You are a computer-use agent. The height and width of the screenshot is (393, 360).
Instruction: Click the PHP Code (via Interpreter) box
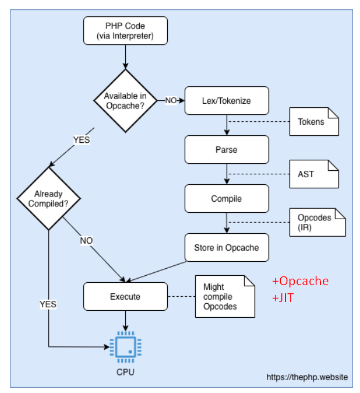[x=125, y=31]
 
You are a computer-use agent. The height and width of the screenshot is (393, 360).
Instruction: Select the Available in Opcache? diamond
[x=125, y=100]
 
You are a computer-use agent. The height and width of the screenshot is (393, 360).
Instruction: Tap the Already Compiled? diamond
[x=48, y=198]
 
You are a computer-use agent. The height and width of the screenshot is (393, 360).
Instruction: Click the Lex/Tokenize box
[x=227, y=101]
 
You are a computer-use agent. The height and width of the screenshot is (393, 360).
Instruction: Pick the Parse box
[x=227, y=150]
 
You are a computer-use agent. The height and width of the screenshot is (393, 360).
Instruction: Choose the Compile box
[x=227, y=198]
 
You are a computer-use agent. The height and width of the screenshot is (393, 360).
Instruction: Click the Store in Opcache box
[x=227, y=248]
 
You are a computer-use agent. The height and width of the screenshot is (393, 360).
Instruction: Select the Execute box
[x=125, y=297]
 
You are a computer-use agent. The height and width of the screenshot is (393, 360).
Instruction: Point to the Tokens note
[x=314, y=121]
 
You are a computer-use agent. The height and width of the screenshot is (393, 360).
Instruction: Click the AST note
[x=314, y=174]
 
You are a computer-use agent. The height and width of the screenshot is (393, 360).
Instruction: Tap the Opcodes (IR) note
[x=317, y=222]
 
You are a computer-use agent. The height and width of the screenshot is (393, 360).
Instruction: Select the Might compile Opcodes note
[x=225, y=297]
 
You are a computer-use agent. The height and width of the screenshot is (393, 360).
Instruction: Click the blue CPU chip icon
[x=126, y=347]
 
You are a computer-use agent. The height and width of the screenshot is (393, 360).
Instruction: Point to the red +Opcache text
[x=301, y=281]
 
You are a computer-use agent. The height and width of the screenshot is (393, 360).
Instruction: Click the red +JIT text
[x=283, y=298]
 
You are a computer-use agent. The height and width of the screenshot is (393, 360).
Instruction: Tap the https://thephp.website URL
[x=307, y=377]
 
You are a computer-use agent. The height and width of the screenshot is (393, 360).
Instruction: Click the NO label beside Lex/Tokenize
[x=171, y=100]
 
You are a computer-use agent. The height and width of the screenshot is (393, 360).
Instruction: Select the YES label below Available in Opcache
[x=82, y=140]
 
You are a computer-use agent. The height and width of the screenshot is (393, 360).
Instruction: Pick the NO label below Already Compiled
[x=86, y=241]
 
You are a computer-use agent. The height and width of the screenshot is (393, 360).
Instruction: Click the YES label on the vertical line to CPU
[x=48, y=304]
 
